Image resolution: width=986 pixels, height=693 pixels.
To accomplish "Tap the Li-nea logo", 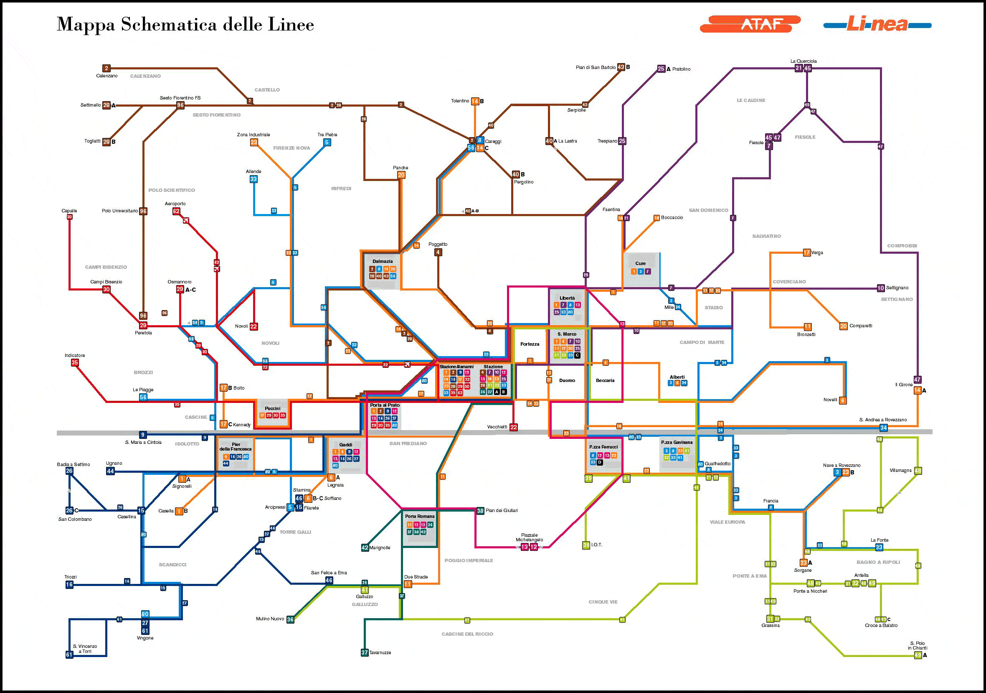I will pyautogui.click(x=877, y=25).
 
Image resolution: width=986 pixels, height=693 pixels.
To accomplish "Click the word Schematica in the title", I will pyautogui.click(x=169, y=25).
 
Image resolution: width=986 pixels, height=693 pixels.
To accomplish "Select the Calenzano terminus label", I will pyautogui.click(x=106, y=76).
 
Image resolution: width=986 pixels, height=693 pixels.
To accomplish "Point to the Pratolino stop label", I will pyautogui.click(x=681, y=69).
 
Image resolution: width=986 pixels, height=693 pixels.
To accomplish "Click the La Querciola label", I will pyautogui.click(x=804, y=61).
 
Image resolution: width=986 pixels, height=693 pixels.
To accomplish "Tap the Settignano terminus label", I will pyautogui.click(x=897, y=288).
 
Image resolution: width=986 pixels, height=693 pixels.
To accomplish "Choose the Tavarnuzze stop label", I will pyautogui.click(x=380, y=652).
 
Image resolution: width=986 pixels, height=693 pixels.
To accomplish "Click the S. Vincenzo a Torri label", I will pyautogui.click(x=85, y=649).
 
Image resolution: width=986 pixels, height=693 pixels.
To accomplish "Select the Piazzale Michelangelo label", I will pyautogui.click(x=529, y=538).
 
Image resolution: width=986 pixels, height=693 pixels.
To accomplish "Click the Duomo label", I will pyautogui.click(x=567, y=380).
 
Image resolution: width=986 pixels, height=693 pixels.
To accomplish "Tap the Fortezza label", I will pyautogui.click(x=530, y=344).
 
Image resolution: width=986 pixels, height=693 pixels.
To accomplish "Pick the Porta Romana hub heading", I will pyautogui.click(x=420, y=516).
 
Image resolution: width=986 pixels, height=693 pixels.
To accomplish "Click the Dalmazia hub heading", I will pyautogui.click(x=382, y=261).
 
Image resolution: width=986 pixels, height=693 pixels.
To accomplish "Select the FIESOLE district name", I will pyautogui.click(x=805, y=137).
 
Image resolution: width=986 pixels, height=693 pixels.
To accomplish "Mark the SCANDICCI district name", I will pyautogui.click(x=172, y=564).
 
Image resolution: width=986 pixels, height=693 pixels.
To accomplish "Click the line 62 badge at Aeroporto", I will pyautogui.click(x=176, y=211).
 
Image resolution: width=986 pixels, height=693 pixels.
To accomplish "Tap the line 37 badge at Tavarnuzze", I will pyautogui.click(x=365, y=652).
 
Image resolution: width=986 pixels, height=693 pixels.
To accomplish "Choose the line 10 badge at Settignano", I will pyautogui.click(x=880, y=288).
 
